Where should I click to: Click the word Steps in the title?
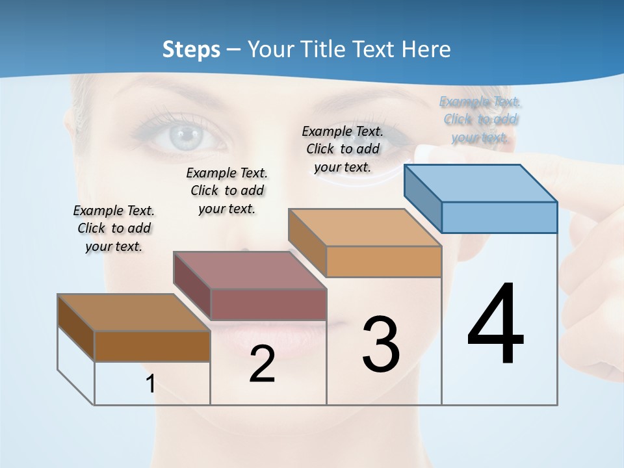(191, 49)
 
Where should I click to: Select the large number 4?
(495, 325)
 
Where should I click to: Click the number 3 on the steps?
(381, 344)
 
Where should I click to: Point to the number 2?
(262, 364)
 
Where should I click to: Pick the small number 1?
(151, 384)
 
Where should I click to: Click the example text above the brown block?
(114, 228)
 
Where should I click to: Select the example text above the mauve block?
(227, 190)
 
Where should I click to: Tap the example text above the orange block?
(343, 149)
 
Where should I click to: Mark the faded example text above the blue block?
(480, 119)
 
